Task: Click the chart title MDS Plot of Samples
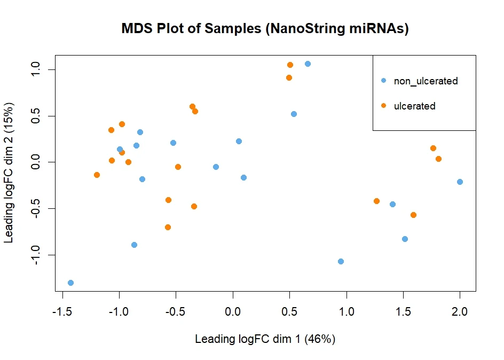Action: pos(265,29)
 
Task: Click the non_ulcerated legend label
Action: pos(426,81)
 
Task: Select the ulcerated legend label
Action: pos(414,106)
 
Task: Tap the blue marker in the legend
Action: pos(383,81)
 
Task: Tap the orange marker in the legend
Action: pos(383,106)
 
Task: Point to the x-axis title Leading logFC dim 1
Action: pos(265,339)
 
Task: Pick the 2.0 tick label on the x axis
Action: pos(460,311)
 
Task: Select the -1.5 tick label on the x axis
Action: pos(63,311)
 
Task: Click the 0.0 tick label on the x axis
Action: pos(233,311)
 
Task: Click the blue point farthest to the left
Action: pos(70,283)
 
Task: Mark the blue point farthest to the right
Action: pos(460,182)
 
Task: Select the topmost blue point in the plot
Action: pos(308,64)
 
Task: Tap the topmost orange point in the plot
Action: pos(290,65)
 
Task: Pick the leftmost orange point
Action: pos(97,175)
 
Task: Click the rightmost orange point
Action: pos(438,159)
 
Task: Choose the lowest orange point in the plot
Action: pos(168,227)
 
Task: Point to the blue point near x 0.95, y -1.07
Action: pos(341,261)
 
